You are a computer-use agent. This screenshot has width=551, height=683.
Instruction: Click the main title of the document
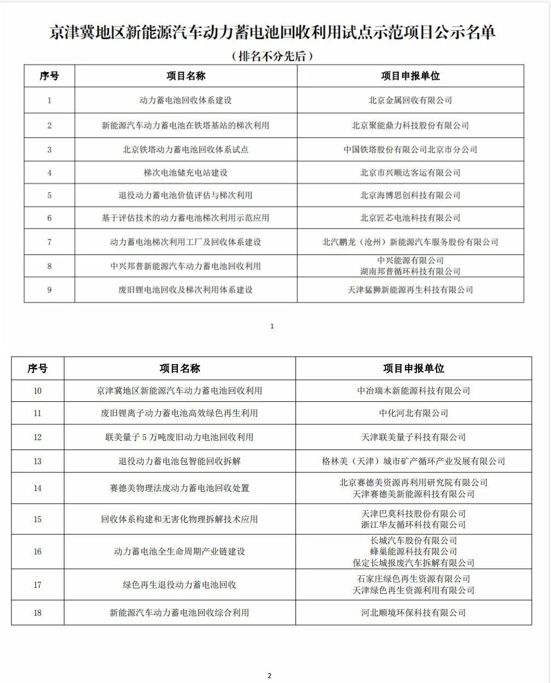272,32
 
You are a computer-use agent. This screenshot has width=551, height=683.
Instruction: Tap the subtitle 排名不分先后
272,56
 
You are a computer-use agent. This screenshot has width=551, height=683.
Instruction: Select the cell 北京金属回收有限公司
410,100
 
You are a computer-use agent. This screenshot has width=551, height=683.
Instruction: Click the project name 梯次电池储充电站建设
185,173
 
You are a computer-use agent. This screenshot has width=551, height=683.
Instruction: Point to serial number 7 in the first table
49,242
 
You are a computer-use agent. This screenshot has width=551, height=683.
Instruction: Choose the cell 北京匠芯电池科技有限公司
410,218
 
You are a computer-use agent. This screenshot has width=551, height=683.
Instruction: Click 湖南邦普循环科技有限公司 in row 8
410,272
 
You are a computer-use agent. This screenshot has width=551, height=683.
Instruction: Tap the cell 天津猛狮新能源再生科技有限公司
410,290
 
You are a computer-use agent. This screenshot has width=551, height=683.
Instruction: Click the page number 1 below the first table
272,326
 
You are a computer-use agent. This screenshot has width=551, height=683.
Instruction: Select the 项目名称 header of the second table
179,369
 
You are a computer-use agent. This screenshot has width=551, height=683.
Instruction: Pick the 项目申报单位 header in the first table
410,76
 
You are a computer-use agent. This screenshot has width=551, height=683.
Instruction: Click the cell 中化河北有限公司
414,413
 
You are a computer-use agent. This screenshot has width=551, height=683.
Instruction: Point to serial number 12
37,437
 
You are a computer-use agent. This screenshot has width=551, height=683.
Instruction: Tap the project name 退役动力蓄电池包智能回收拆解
179,461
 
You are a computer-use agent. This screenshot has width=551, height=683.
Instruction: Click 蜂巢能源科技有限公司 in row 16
414,552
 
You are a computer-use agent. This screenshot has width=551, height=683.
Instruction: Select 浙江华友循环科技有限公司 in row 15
414,525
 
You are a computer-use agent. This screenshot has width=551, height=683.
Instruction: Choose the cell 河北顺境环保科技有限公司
414,613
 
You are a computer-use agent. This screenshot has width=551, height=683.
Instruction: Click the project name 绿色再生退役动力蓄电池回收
179,585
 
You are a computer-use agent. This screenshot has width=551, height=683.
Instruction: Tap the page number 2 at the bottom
269,676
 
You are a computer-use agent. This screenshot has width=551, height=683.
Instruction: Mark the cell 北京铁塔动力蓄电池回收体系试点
185,149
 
